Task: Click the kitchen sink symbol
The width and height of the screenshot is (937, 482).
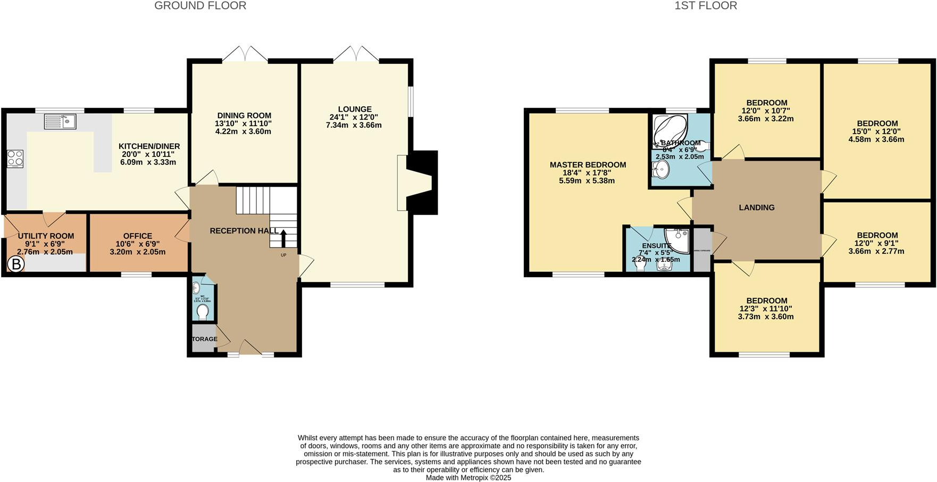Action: pyautogui.click(x=60, y=122)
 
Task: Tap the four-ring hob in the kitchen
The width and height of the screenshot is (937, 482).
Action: pyautogui.click(x=15, y=159)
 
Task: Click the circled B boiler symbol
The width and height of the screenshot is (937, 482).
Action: pyautogui.click(x=16, y=264)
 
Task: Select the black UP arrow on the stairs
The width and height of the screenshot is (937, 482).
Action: pyautogui.click(x=283, y=238)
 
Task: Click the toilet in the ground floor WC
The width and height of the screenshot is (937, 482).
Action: pyautogui.click(x=203, y=312)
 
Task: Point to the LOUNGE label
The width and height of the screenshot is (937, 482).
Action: pyautogui.click(x=354, y=109)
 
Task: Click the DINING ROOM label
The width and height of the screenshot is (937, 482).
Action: pyautogui.click(x=244, y=115)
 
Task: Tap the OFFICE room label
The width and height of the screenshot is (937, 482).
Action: pyautogui.click(x=138, y=236)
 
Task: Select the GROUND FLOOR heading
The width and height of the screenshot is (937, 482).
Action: pyautogui.click(x=200, y=6)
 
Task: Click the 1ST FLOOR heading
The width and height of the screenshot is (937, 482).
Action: pyautogui.click(x=705, y=6)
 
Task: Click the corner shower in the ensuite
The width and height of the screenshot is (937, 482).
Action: pyautogui.click(x=678, y=239)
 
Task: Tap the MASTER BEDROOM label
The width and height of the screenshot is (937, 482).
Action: pyautogui.click(x=588, y=165)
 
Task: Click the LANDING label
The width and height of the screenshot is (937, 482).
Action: pyautogui.click(x=756, y=207)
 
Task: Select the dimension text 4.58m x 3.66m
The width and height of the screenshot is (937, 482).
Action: pyautogui.click(x=876, y=139)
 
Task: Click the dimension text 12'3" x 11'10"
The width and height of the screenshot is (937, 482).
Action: pyautogui.click(x=766, y=309)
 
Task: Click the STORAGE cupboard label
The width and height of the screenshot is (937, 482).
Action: pyautogui.click(x=204, y=339)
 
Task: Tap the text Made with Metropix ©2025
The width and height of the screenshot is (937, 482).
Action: pyautogui.click(x=468, y=478)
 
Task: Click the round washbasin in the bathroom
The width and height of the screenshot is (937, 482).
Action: pyautogui.click(x=660, y=170)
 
